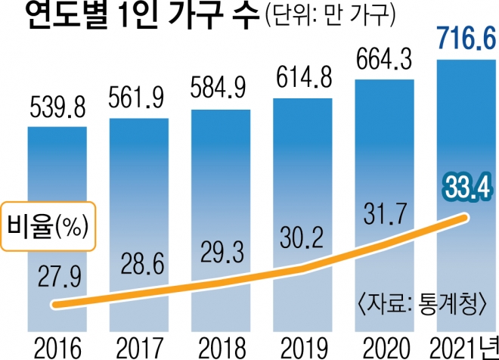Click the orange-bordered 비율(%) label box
pyautogui.click(x=51, y=225)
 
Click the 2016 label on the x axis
pyautogui.click(x=57, y=347)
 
